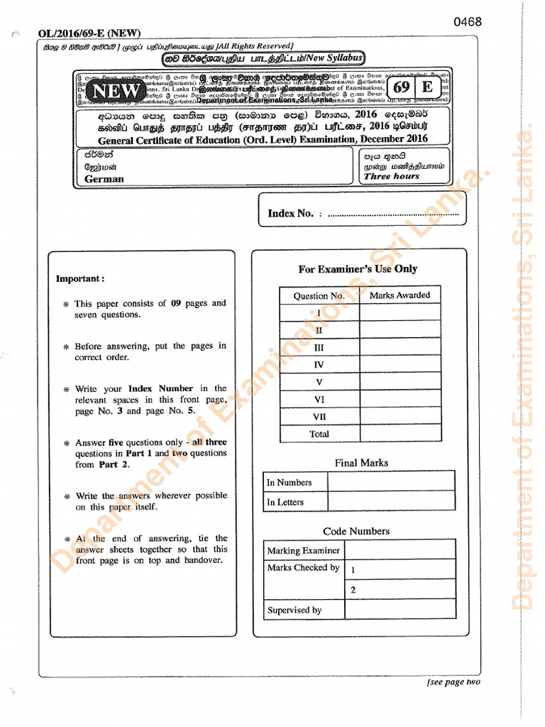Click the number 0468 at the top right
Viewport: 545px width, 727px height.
(468, 22)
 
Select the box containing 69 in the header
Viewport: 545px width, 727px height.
(402, 87)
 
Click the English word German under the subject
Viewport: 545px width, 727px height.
(104, 179)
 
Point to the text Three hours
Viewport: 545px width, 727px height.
(392, 176)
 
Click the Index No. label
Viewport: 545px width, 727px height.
(290, 213)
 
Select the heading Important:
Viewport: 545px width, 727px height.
(80, 278)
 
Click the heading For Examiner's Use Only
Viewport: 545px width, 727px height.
(358, 269)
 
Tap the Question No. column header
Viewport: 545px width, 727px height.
(319, 295)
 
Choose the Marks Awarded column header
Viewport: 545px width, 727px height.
(400, 295)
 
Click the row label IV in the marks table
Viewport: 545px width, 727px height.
(319, 365)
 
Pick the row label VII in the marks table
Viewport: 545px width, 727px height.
(319, 417)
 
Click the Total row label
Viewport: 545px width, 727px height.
(319, 434)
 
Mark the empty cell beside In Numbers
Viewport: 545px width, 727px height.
(391, 482)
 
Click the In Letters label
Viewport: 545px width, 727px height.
(285, 502)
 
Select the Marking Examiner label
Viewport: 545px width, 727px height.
(303, 550)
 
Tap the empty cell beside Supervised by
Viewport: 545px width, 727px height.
(400, 609)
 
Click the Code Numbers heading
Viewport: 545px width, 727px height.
(356, 531)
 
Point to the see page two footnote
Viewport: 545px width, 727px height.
(454, 682)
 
